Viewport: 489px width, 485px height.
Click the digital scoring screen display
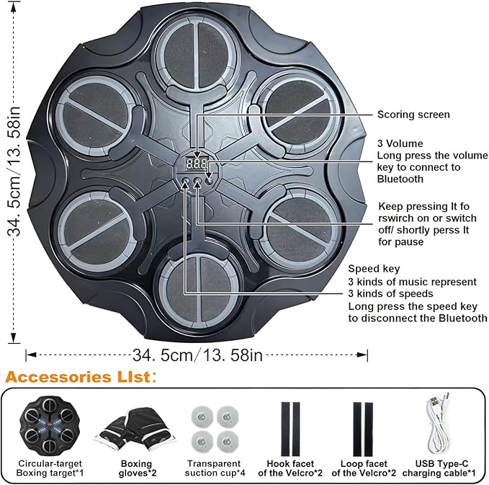coord(197,164)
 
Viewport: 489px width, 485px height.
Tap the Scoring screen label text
coord(413,115)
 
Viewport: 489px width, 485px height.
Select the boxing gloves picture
coord(135,430)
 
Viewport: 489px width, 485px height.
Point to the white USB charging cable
coord(438,423)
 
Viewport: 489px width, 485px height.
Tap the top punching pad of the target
coord(198,54)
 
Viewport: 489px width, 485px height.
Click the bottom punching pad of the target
coord(198,290)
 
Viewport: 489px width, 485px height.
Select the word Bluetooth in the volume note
coord(400,179)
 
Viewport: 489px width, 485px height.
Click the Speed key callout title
coord(374,269)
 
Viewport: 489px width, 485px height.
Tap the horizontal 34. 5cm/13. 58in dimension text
coord(198,355)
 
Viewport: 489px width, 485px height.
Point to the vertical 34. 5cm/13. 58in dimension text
coord(14,171)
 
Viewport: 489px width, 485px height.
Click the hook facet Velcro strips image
coord(290,429)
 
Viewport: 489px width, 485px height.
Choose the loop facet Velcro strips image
coord(363,429)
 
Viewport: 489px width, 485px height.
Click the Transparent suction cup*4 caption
coord(215,468)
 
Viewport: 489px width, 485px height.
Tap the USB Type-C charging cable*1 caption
coord(439,468)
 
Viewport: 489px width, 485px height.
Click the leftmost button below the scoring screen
coord(186,181)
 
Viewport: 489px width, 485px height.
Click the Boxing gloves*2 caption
coord(138,468)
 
